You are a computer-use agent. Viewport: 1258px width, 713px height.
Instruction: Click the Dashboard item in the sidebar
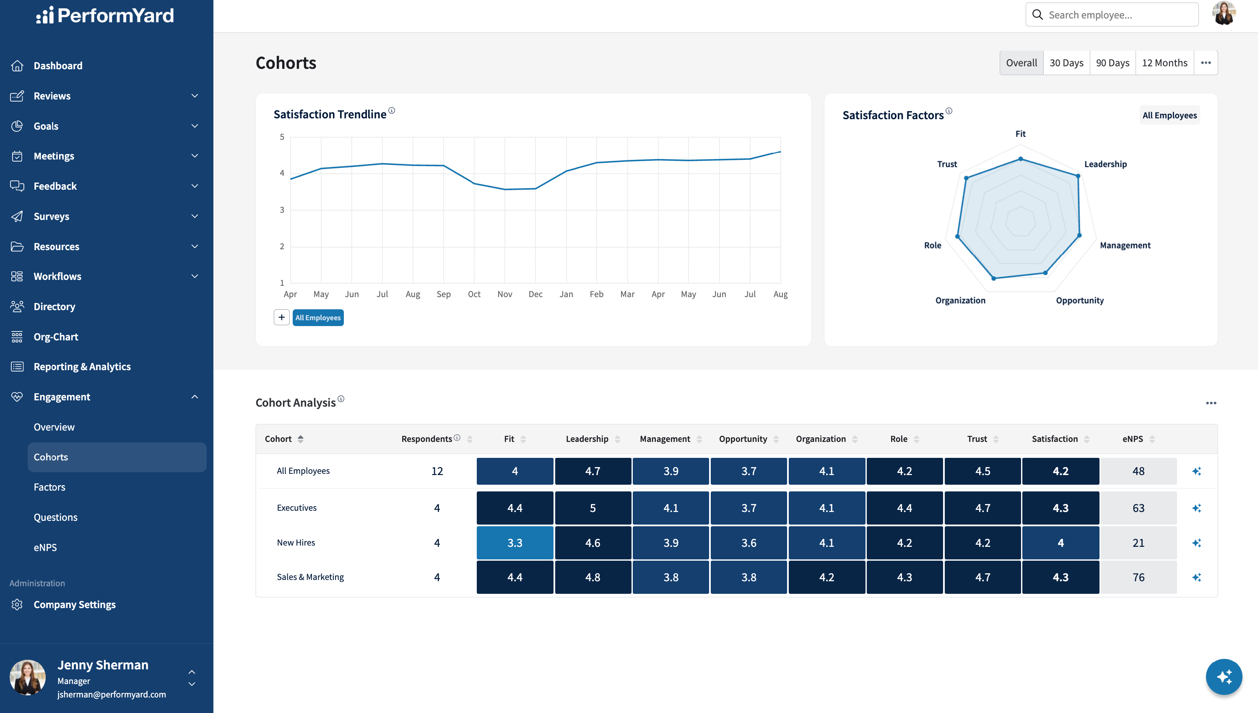pyautogui.click(x=58, y=65)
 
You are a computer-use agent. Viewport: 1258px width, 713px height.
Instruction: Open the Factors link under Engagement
pyautogui.click(x=49, y=487)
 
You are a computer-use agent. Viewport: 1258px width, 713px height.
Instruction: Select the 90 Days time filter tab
pyautogui.click(x=1112, y=63)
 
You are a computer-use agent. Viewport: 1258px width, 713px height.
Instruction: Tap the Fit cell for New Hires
pyautogui.click(x=515, y=543)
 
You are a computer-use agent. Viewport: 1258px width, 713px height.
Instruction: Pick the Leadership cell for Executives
pyautogui.click(x=593, y=508)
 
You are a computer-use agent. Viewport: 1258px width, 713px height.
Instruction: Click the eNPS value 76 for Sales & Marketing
pyautogui.click(x=1138, y=577)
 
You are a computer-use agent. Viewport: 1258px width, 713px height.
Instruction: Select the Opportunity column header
pyautogui.click(x=743, y=439)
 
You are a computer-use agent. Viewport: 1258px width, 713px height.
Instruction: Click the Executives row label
pyautogui.click(x=296, y=508)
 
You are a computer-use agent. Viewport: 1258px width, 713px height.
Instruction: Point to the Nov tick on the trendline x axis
pyautogui.click(x=504, y=294)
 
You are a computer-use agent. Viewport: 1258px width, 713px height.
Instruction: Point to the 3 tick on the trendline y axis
pyautogui.click(x=282, y=209)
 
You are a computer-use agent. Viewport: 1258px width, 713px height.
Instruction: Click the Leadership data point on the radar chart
pyautogui.click(x=1078, y=176)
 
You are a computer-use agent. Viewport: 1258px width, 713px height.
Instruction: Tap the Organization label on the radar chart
pyautogui.click(x=960, y=300)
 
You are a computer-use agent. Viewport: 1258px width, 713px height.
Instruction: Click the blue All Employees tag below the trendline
pyautogui.click(x=318, y=317)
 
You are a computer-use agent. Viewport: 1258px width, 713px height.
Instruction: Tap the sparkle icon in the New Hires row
pyautogui.click(x=1197, y=543)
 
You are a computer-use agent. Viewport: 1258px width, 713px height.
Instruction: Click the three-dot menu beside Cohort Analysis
pyautogui.click(x=1211, y=403)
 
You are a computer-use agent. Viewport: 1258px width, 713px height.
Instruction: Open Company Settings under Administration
pyautogui.click(x=74, y=604)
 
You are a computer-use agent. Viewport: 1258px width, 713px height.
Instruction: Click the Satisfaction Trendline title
pyautogui.click(x=330, y=114)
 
